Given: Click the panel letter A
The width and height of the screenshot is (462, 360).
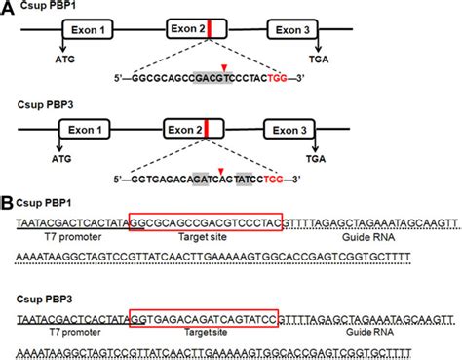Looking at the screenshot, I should click(x=8, y=8).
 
